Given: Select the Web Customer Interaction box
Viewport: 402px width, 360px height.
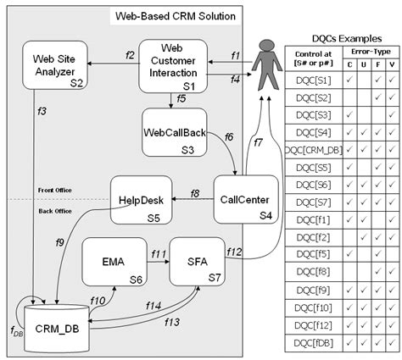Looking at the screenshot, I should tap(173, 65).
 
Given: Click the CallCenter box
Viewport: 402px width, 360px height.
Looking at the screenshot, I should tap(242, 200).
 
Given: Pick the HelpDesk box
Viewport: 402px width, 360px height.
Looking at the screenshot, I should tap(142, 201).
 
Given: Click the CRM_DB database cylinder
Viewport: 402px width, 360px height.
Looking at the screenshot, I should tap(52, 326).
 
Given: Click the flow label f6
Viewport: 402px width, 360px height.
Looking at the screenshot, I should tap(229, 137).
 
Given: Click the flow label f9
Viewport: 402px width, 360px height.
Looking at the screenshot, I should tap(60, 243).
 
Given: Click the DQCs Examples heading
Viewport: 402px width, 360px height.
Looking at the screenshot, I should tap(343, 41).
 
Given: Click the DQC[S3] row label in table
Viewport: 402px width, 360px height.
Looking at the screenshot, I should tap(314, 114).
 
